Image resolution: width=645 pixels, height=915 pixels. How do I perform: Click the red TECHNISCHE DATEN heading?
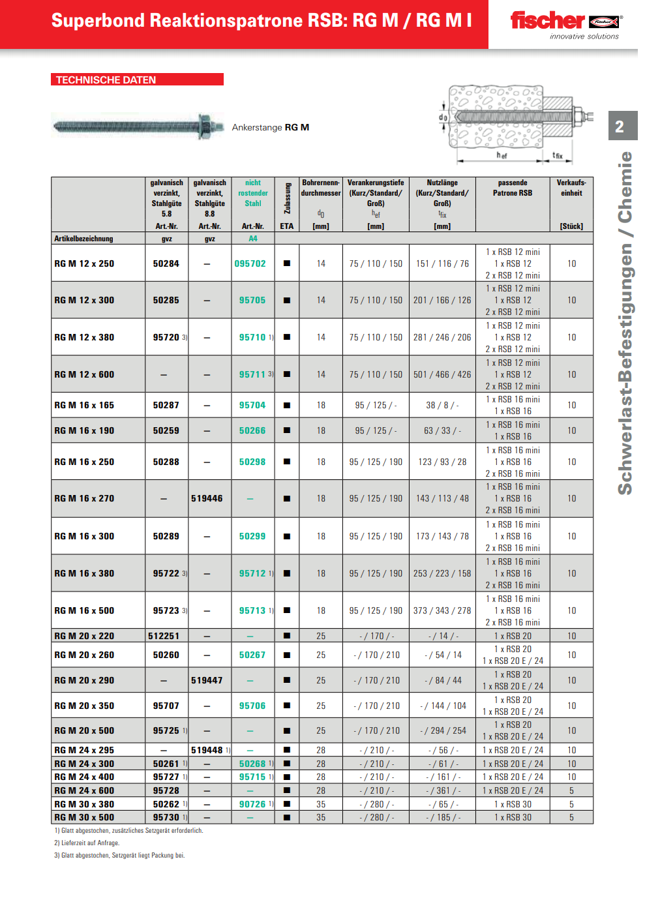point(106,80)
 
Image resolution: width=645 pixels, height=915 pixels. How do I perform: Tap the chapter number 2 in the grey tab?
point(620,127)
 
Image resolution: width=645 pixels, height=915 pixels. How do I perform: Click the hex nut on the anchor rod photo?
point(203,125)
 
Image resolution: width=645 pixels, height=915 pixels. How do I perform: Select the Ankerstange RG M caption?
point(271,127)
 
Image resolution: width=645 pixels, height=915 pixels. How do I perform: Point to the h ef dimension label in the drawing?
point(501,155)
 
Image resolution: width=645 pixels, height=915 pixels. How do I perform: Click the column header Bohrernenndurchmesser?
point(321,188)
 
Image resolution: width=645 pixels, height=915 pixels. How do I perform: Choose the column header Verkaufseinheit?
point(571,188)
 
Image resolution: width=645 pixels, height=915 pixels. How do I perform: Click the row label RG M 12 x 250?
point(84,263)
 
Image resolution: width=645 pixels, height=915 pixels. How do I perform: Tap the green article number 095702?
point(250,263)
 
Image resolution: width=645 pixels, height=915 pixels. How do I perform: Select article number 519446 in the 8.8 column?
point(207,498)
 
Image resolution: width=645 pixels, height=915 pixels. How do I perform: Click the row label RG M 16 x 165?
point(84,405)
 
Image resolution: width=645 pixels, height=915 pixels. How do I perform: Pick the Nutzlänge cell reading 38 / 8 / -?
point(442,405)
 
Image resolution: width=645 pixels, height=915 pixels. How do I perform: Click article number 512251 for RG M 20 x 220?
point(164,636)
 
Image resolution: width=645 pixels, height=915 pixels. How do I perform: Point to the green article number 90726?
point(252,804)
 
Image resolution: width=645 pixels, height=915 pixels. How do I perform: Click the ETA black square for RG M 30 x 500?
point(287,817)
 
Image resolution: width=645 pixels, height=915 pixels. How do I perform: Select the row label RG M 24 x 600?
point(84,790)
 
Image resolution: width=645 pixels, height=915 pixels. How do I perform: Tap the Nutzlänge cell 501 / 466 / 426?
point(442,374)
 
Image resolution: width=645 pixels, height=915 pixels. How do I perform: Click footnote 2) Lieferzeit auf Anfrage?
point(87,843)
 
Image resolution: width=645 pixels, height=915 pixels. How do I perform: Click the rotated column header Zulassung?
point(287,198)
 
